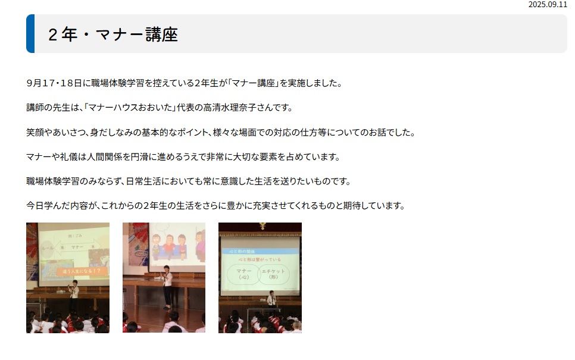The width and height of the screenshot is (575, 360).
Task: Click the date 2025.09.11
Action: (548, 4)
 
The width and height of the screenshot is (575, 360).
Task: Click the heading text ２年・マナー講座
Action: (113, 35)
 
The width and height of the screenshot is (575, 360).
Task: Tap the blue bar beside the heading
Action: (30, 34)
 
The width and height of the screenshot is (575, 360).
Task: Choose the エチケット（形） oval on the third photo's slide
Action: (274, 275)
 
